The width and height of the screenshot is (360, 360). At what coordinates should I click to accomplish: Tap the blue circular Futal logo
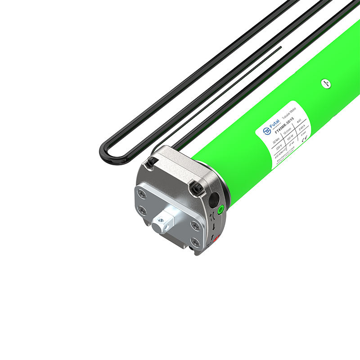pyautogui.click(x=266, y=131)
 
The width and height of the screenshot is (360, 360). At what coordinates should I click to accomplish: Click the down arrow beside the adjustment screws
pyautogui.click(x=213, y=226)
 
